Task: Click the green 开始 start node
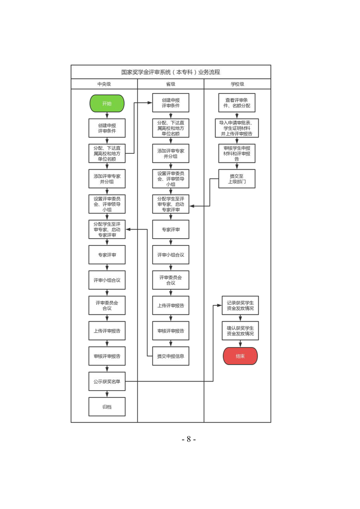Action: (x=107, y=103)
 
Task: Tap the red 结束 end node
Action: (x=240, y=356)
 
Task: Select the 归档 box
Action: (x=107, y=407)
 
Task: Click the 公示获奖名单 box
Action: (x=107, y=382)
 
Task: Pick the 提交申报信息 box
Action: (x=171, y=356)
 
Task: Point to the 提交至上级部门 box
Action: (x=237, y=179)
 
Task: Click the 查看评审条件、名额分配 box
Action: (x=237, y=103)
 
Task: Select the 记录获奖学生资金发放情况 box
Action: (x=240, y=305)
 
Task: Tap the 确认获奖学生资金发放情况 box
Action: (x=240, y=331)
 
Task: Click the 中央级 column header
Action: (x=104, y=84)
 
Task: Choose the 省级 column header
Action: (x=171, y=84)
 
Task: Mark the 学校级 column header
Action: (x=237, y=84)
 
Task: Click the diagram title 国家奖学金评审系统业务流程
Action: (x=171, y=72)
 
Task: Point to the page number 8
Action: (x=188, y=439)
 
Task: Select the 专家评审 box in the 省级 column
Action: (x=171, y=230)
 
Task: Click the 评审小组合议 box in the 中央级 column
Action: (x=107, y=280)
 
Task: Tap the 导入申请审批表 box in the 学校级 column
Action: (x=237, y=128)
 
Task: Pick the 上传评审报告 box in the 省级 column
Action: (x=171, y=305)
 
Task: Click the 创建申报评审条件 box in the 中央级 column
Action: (x=107, y=128)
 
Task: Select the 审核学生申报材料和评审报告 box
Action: (x=237, y=153)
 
